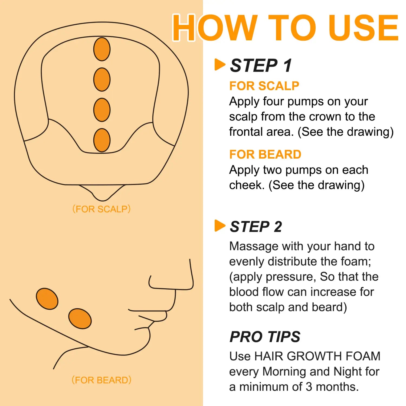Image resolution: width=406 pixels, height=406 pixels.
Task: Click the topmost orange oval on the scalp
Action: tap(102, 49)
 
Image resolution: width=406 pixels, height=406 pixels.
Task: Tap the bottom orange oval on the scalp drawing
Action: tap(102, 140)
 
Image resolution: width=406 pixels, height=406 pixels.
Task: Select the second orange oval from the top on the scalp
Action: tap(102, 80)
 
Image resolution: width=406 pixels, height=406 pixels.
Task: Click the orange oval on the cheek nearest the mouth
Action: tap(80, 319)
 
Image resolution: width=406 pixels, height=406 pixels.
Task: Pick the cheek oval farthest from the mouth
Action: tap(47, 299)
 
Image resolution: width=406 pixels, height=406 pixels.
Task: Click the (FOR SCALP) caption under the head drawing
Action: tap(101, 209)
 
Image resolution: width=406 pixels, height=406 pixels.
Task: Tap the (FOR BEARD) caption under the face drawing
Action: tap(101, 380)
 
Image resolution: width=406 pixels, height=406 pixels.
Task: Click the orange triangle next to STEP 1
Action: tap(219, 65)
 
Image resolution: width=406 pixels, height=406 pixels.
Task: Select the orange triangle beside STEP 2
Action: tap(219, 226)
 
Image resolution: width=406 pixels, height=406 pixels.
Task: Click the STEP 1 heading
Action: tap(261, 66)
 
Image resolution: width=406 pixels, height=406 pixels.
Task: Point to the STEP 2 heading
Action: tap(256, 227)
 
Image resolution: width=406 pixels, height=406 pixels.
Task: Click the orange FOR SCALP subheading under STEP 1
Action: tap(264, 86)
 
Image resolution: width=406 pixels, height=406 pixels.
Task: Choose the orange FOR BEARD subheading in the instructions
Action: tap(265, 155)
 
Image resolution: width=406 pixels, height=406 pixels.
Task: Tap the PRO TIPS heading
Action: tap(265, 337)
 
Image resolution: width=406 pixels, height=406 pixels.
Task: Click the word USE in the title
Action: tap(363, 28)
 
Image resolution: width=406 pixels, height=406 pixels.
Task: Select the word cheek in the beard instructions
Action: tap(246, 185)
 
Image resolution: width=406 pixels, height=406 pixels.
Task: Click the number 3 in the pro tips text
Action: tap(309, 387)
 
